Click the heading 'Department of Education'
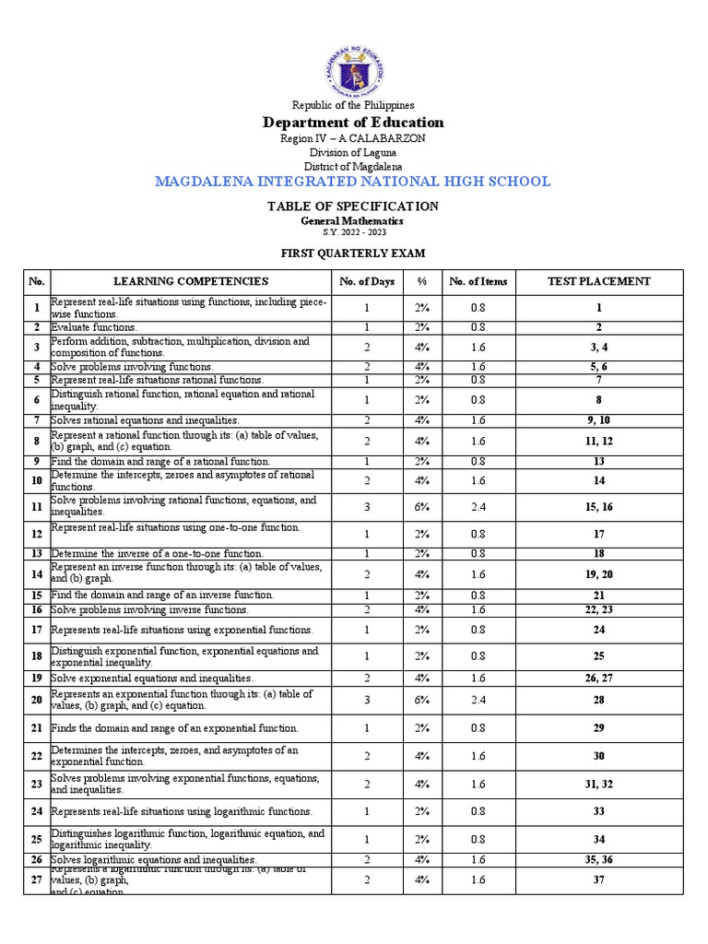tap(353, 123)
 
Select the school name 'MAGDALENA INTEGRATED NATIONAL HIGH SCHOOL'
tap(353, 182)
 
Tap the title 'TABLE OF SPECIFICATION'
tap(353, 206)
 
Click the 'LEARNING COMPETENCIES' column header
tap(191, 282)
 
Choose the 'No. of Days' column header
tap(366, 282)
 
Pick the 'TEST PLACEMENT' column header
tap(598, 282)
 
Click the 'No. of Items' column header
tap(478, 282)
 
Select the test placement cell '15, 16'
tap(598, 506)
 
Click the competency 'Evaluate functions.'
tap(94, 327)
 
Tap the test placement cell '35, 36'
tap(598, 859)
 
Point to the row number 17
tap(37, 631)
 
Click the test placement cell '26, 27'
tap(598, 678)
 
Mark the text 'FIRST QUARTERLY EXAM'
tap(353, 254)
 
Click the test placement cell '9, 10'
tap(598, 420)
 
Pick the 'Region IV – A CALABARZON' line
tap(353, 138)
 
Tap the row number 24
tap(37, 812)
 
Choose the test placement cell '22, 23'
tap(598, 609)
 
